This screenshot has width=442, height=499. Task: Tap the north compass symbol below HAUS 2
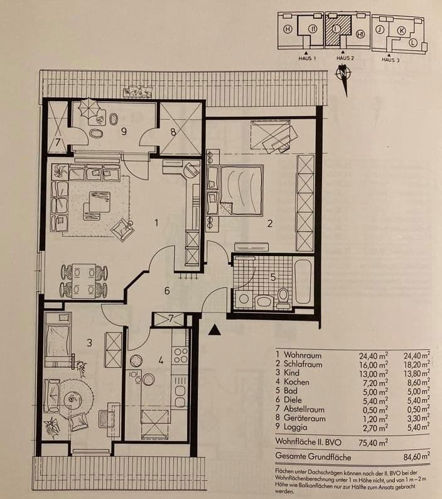click(x=342, y=73)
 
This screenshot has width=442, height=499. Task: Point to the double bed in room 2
click(x=237, y=186)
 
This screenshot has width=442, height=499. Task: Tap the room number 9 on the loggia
click(x=124, y=131)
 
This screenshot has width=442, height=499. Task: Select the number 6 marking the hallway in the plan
click(x=166, y=291)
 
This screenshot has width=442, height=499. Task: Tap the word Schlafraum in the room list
click(x=305, y=364)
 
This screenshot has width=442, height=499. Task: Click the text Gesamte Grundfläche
click(x=313, y=457)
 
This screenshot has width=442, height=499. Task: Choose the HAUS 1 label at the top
click(x=306, y=58)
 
